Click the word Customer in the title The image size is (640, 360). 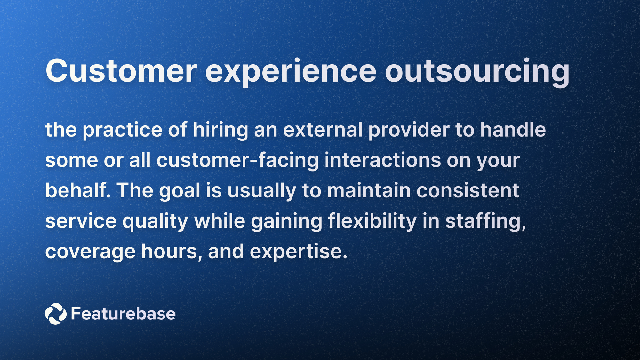[x=121, y=71]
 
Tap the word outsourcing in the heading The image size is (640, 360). [x=477, y=71]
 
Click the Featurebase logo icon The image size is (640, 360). [x=55, y=314]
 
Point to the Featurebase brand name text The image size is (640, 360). [x=123, y=314]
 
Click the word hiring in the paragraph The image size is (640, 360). [x=220, y=130]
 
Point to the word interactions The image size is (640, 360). [x=383, y=160]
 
